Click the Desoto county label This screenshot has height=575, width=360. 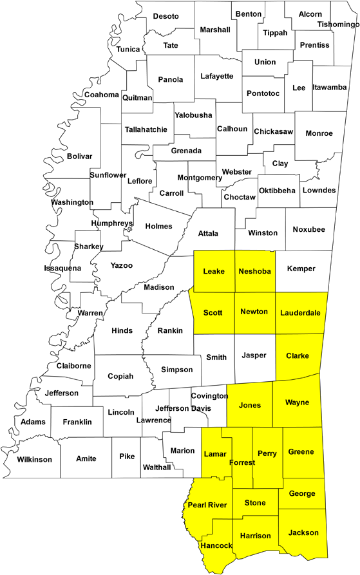pyautogui.click(x=166, y=16)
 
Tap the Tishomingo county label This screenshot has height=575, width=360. pyautogui.click(x=339, y=24)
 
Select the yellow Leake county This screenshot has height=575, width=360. pyautogui.click(x=214, y=271)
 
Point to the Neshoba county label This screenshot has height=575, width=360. pyautogui.click(x=254, y=271)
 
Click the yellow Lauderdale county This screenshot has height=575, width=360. pyautogui.click(x=299, y=314)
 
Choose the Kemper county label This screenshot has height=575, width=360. pyautogui.click(x=301, y=269)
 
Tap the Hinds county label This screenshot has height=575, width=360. pyautogui.click(x=122, y=330)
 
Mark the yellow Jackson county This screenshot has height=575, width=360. pyautogui.click(x=303, y=533)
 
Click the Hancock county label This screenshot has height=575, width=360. pyautogui.click(x=216, y=545)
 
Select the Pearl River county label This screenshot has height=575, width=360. pyautogui.click(x=207, y=505)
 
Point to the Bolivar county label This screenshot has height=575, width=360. pyautogui.click(x=80, y=156)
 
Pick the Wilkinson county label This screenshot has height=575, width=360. pyautogui.click(x=34, y=459)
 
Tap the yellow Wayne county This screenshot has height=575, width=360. pyautogui.click(x=296, y=403)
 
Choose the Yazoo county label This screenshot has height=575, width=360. pyautogui.click(x=122, y=265)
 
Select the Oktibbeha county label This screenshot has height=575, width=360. pyautogui.click(x=277, y=190)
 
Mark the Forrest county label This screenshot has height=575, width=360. pyautogui.click(x=242, y=462)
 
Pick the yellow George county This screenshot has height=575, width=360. pyautogui.click(x=302, y=493)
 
